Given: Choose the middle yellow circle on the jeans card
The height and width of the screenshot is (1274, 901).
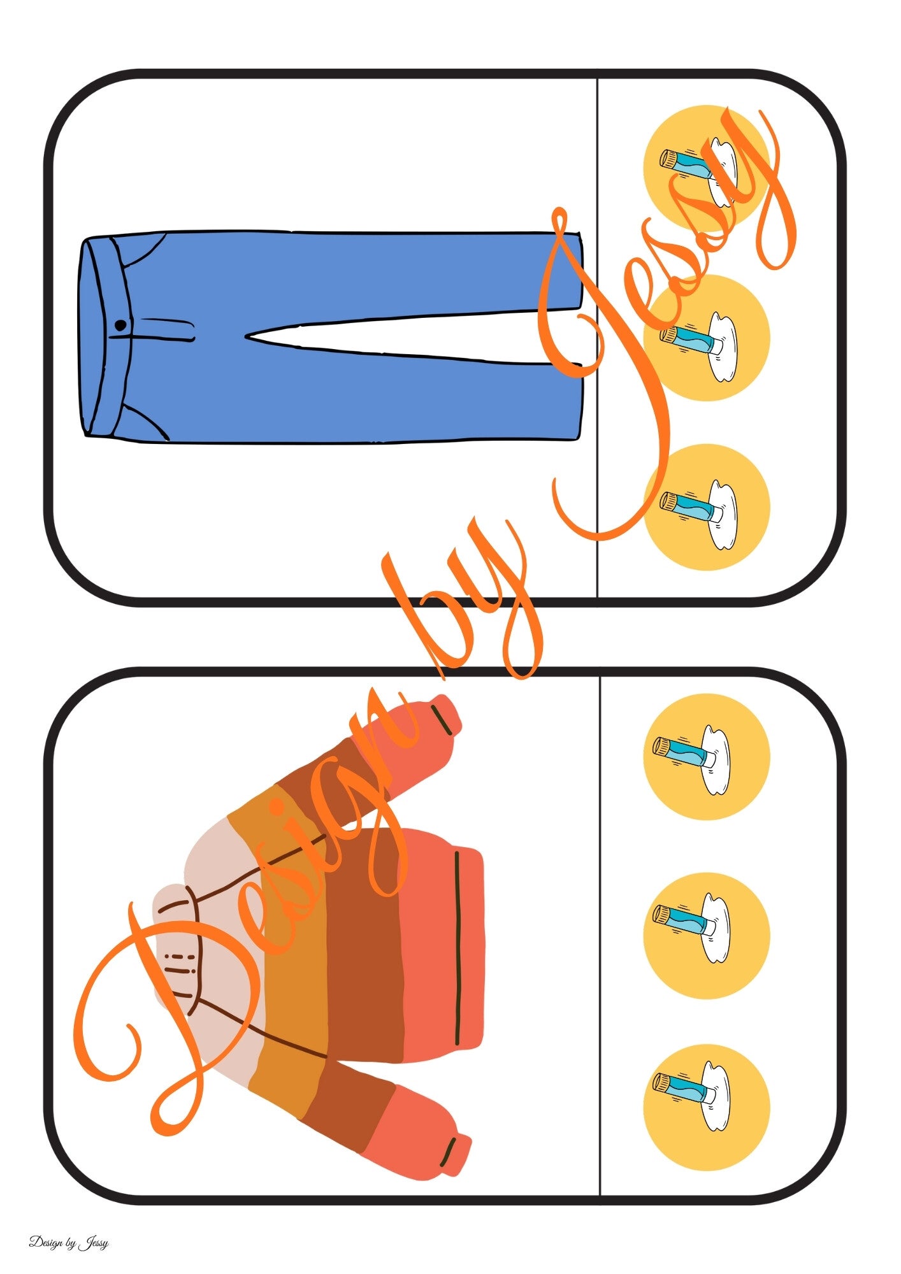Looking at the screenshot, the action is pyautogui.click(x=706, y=338).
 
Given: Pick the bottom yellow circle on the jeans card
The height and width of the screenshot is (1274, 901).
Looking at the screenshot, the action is pyautogui.click(x=706, y=507).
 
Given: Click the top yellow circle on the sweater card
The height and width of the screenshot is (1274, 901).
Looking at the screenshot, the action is pyautogui.click(x=706, y=757).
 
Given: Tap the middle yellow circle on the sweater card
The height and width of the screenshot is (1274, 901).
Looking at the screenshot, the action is pyautogui.click(x=706, y=936).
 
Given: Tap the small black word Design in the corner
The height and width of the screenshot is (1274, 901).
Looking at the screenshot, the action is pyautogui.click(x=45, y=1243).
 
